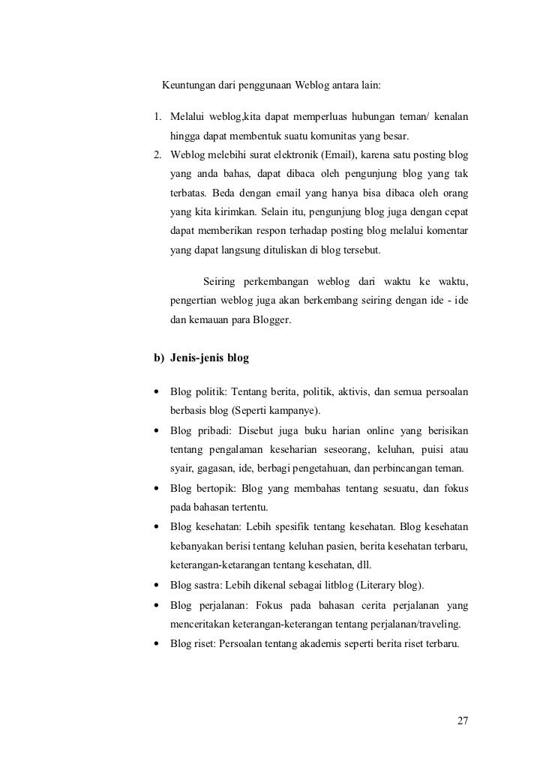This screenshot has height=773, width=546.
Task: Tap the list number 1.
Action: pyautogui.click(x=157, y=118)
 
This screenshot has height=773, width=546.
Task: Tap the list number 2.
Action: pyautogui.click(x=157, y=156)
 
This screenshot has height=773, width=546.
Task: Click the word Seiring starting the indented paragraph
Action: pyautogui.click(x=222, y=282)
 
